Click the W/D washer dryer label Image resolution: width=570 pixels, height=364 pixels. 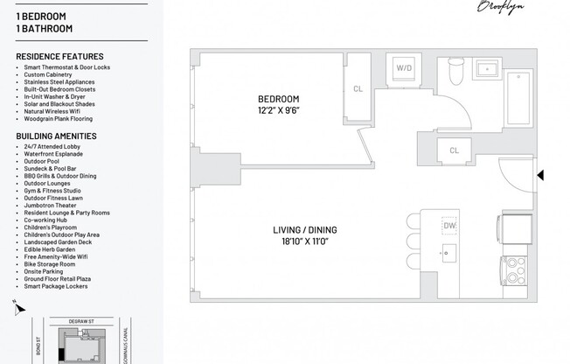pyautogui.click(x=404, y=67)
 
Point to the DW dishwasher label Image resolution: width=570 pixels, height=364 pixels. pyautogui.click(x=449, y=226)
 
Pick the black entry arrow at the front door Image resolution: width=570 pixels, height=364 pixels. pyautogui.click(x=540, y=175)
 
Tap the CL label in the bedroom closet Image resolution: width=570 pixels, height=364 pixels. pyautogui.click(x=358, y=88)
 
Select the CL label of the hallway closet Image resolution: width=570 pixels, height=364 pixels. pyautogui.click(x=454, y=150)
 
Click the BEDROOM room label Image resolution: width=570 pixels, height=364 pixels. pyautogui.click(x=279, y=99)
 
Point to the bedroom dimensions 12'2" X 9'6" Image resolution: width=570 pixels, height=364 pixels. pyautogui.click(x=279, y=110)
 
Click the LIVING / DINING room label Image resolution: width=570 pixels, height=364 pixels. pyautogui.click(x=304, y=230)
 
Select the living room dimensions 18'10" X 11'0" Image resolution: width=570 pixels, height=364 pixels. pyautogui.click(x=304, y=242)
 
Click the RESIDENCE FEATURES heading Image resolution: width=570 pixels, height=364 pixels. pyautogui.click(x=59, y=57)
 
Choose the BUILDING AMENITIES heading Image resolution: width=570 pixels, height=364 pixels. pyautogui.click(x=56, y=136)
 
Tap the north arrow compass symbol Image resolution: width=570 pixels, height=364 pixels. pyautogui.click(x=17, y=307)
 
